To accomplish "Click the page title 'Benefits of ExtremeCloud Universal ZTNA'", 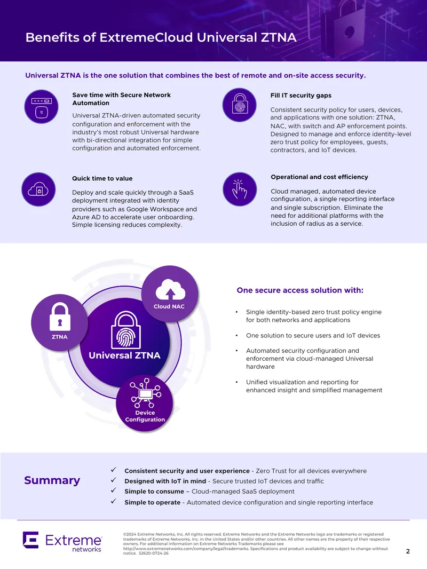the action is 161,37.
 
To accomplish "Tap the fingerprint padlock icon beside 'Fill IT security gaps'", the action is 240,105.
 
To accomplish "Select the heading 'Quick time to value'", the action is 102,178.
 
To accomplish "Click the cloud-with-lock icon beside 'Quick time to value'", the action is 38,189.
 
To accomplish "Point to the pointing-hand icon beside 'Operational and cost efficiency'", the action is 240,189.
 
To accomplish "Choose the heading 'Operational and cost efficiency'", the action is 319,177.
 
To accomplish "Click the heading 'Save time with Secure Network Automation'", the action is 122,99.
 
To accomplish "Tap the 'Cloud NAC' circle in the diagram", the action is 169,294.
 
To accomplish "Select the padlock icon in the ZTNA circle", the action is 59,317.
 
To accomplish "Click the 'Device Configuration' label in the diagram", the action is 145,416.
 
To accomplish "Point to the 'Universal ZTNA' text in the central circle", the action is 124,355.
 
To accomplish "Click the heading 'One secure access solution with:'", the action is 300,290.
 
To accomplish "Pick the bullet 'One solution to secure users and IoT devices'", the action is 313,335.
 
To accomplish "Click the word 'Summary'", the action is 52,480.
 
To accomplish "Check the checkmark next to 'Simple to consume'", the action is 114,490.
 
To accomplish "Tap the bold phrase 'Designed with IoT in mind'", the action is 165,481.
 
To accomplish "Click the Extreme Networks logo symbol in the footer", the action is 31,540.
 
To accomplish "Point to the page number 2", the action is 408,551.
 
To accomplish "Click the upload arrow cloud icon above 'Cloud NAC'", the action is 170,290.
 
